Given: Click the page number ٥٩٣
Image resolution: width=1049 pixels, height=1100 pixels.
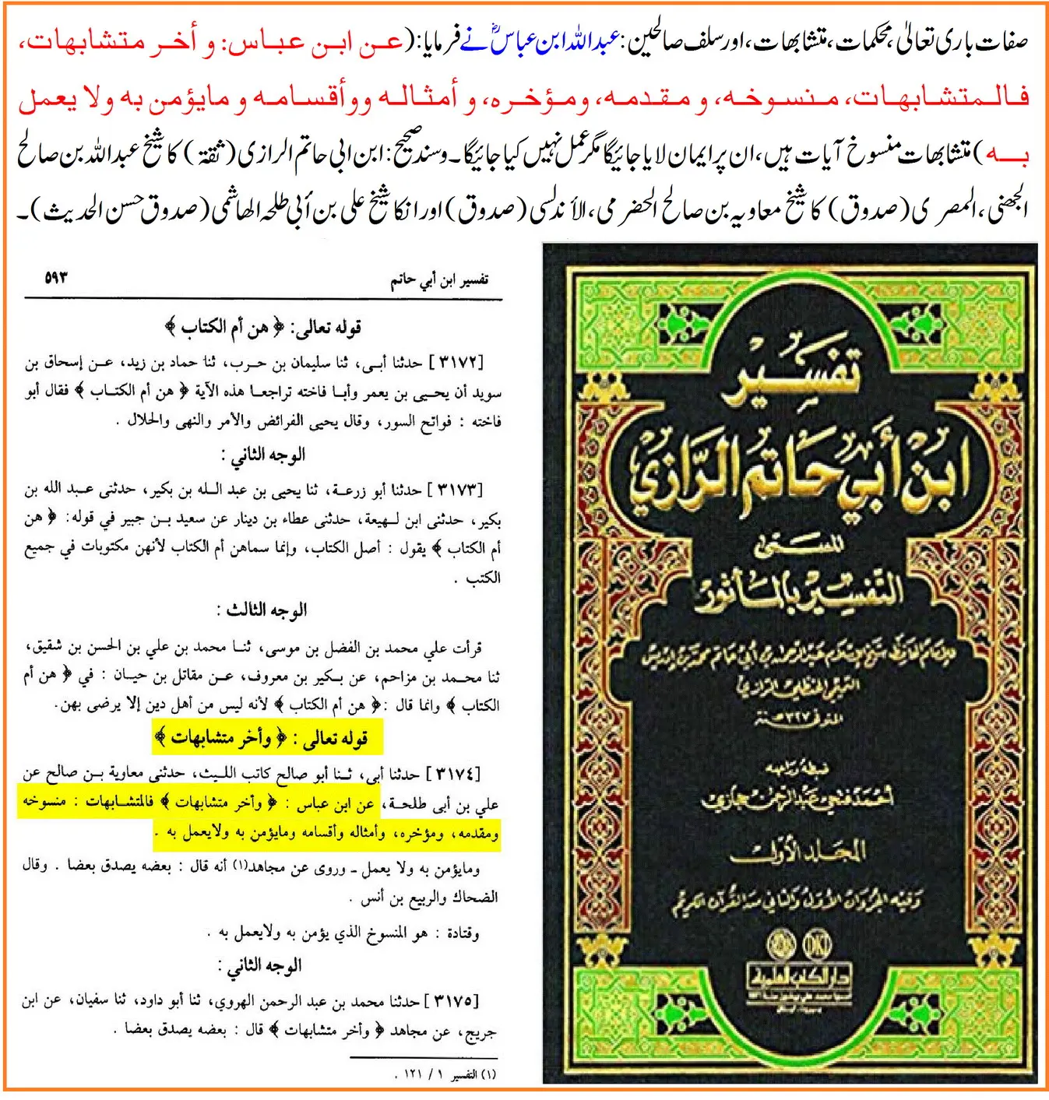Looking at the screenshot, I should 56,276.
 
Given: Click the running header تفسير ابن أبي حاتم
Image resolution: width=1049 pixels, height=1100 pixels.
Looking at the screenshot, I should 439,280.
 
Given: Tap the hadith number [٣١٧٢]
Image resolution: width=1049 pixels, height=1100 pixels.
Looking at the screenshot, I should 455,362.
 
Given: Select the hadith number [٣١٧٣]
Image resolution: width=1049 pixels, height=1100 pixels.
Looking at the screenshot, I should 456,490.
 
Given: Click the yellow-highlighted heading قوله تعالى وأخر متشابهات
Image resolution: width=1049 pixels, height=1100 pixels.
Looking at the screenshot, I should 267,737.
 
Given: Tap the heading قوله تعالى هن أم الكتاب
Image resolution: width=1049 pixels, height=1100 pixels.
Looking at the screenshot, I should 265,328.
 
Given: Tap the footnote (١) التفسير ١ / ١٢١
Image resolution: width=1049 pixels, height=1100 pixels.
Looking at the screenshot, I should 449,1074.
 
